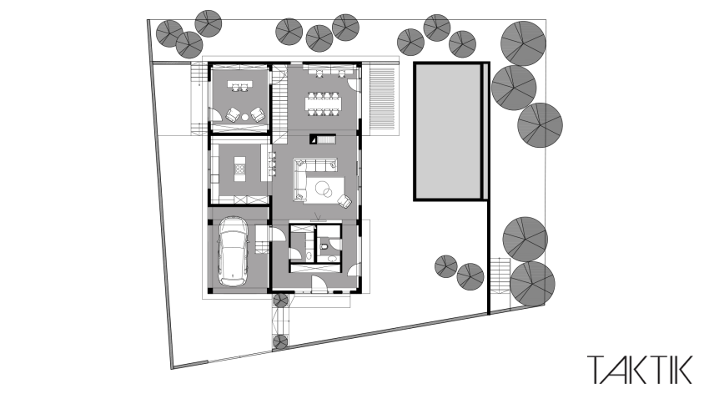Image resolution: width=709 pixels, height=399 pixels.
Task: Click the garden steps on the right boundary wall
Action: tap(498, 276)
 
